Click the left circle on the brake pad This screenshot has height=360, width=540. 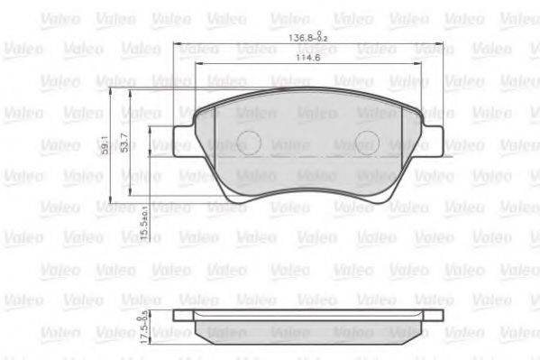coord(249,142)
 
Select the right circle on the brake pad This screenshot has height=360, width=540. coord(366,142)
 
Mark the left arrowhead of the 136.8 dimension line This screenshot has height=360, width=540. coord(176,44)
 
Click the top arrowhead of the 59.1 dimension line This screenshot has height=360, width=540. coord(111,92)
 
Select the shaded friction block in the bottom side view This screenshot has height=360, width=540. coord(307,332)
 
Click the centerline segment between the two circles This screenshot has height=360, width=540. coord(307,154)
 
